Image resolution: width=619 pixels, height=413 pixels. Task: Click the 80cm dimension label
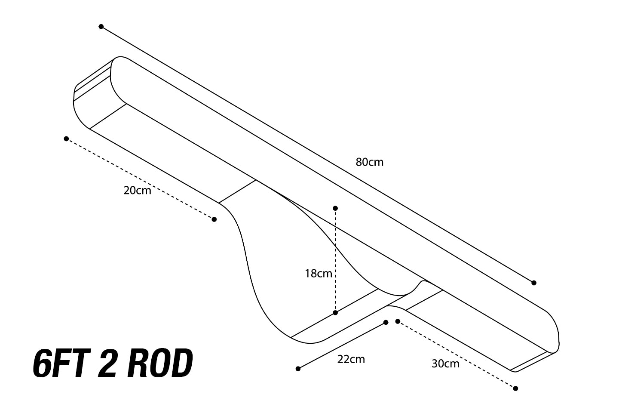pos(369,162)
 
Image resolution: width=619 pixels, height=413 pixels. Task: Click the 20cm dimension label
pos(137,190)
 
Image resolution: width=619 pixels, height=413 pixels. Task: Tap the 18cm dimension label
pos(318,273)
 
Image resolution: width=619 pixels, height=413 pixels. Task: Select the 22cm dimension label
pos(351,359)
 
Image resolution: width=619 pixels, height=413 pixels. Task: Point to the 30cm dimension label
pos(445,364)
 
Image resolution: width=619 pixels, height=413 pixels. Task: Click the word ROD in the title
pos(160,364)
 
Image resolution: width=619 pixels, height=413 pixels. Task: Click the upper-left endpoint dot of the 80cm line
pos(101,27)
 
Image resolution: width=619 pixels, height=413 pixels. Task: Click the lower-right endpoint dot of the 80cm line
pos(534,283)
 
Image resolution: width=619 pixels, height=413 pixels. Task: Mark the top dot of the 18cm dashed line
pos(335,208)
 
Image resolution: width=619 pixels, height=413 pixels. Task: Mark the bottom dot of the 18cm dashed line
pos(335,313)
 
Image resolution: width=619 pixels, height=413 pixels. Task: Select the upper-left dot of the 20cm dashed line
pos(66,139)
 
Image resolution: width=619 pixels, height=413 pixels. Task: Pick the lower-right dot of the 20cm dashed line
pos(214,219)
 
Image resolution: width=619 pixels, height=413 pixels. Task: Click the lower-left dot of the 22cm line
pos(298,369)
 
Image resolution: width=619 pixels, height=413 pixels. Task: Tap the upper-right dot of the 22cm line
pos(386,322)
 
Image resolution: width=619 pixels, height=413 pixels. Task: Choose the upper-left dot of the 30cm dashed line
pos(398,321)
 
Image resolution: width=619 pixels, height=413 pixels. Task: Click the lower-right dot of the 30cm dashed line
pos(515,388)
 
